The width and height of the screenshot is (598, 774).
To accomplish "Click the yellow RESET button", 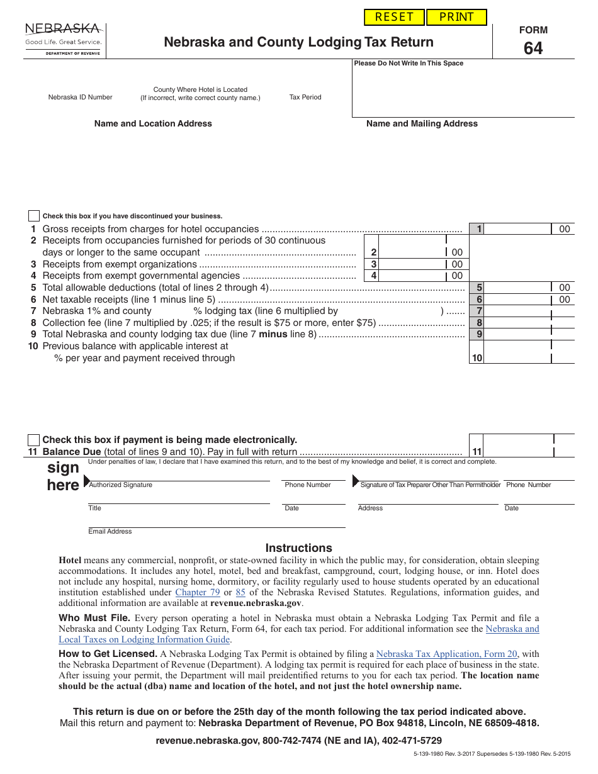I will pos(394,17).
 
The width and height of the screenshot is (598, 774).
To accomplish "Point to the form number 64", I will pos(533,48).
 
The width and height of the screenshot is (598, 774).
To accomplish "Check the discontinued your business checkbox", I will pos(34,216).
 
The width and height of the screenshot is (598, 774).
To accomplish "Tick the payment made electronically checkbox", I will pos(34,440).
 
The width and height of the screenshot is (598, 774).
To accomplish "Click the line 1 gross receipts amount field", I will pos(517,229).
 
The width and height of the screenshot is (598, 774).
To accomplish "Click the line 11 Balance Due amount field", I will pos(517,451).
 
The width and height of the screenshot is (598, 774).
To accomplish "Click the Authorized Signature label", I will pos(121,485).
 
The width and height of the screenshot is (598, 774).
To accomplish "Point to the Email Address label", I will pos(110,532).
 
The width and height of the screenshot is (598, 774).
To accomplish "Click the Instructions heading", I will pos(298,548).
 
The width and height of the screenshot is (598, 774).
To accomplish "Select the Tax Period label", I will pos(305,98).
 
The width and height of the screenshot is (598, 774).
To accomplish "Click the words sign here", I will pos(63,476).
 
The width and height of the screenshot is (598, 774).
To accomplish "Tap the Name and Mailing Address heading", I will pos(422,124).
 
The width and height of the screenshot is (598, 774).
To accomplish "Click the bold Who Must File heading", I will pos(94,618).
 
